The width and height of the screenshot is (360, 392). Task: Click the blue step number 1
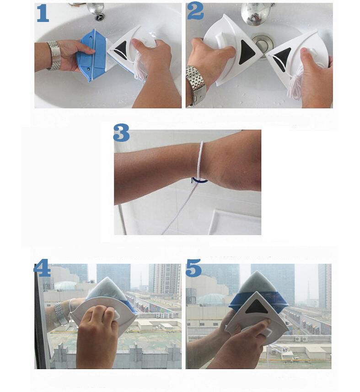43,14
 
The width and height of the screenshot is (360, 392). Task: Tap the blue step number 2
195,11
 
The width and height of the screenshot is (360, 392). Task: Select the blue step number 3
121,133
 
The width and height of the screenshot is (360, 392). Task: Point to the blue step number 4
42,268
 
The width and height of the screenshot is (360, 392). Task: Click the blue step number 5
193,268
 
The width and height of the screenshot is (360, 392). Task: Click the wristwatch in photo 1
54,55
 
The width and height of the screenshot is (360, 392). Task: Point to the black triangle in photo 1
121,49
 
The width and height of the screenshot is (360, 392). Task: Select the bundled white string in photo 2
296,84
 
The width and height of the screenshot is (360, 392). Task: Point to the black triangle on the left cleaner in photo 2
247,53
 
